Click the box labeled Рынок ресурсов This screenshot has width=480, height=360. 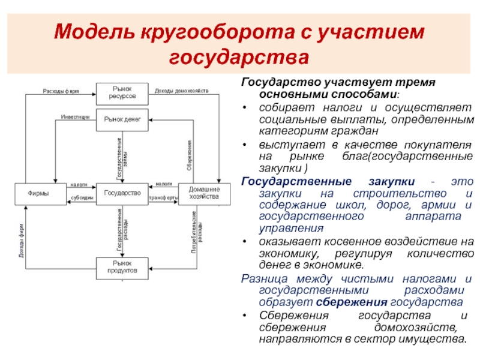122,92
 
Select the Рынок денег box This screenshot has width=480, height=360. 122,119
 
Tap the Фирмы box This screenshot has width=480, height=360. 39,193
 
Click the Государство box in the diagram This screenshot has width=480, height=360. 122,193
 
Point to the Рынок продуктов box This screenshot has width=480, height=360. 122,266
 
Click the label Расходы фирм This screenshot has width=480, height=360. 60,91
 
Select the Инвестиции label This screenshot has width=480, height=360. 75,116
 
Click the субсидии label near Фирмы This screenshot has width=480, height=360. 82,198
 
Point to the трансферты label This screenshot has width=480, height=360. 163,198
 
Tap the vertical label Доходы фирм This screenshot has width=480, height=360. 21,240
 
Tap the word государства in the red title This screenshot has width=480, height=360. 239,58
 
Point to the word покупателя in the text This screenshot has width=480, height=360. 437,145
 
